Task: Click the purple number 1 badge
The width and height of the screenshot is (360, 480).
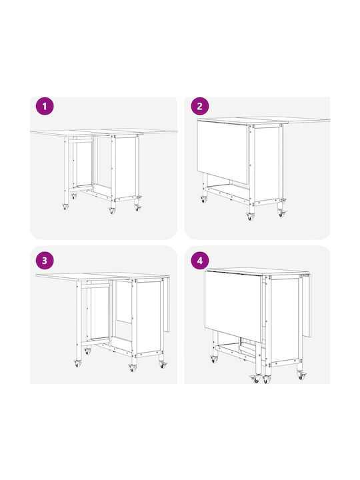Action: (x=45, y=106)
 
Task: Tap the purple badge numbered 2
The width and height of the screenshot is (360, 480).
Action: (x=199, y=106)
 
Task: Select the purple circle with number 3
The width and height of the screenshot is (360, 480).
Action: (x=45, y=261)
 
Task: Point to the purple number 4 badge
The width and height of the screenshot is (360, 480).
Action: (x=199, y=261)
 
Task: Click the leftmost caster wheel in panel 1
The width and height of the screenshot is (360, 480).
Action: (x=65, y=207)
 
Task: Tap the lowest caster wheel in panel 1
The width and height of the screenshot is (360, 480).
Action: (x=113, y=211)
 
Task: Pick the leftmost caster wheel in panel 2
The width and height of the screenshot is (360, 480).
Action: (x=203, y=199)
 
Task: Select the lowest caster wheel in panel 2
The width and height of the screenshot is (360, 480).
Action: (x=251, y=217)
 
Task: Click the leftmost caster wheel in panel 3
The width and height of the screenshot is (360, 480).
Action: (x=77, y=364)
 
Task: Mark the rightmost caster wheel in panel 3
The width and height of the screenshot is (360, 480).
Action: (x=163, y=365)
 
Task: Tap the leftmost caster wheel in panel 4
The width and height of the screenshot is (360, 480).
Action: (x=213, y=359)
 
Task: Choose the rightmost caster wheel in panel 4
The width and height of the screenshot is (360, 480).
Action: (x=301, y=375)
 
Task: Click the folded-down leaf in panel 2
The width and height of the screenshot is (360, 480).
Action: (x=223, y=151)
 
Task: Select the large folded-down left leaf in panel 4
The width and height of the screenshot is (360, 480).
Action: (x=234, y=306)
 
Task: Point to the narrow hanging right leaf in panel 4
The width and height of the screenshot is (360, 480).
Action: (x=307, y=305)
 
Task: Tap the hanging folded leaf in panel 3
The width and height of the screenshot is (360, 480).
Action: (x=167, y=305)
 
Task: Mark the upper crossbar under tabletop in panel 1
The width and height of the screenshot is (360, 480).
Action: (x=81, y=141)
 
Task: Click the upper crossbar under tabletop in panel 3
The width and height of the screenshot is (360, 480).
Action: (x=95, y=286)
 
